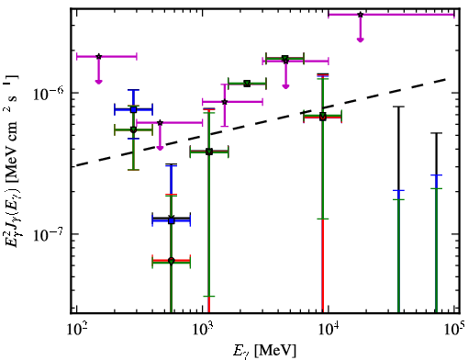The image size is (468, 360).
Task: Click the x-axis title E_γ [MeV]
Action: coord(264,351)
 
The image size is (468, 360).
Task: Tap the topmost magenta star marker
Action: coord(361,15)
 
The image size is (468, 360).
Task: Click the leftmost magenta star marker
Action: coord(98,56)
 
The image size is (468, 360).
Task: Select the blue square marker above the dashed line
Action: coord(133,109)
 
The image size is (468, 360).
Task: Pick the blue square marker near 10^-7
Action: coord(172,220)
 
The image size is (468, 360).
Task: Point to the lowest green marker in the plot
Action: coord(172,261)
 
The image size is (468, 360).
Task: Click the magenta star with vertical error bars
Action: coord(225,102)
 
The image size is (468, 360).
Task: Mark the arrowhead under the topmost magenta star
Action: coord(361,39)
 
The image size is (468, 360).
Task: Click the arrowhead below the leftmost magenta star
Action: coord(98,82)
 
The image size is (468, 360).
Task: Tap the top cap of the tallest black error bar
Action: coord(398,107)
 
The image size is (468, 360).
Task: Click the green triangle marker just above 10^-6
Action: coord(247,84)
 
